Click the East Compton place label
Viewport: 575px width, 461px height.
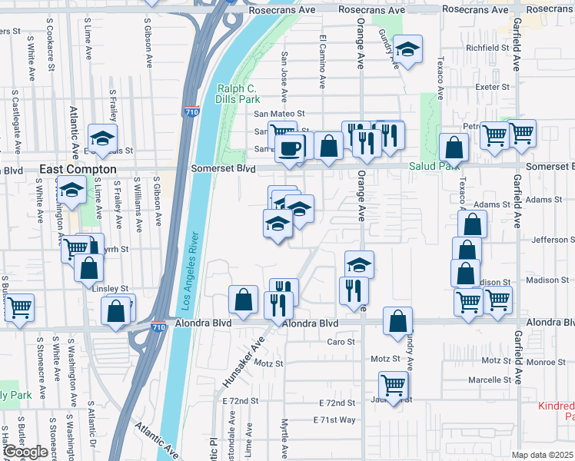click(78, 169)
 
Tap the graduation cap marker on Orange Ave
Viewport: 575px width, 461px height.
click(359, 266)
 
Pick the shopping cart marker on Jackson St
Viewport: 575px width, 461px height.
click(393, 384)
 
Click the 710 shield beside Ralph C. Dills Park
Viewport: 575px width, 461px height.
click(192, 112)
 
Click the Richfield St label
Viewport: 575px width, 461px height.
click(487, 48)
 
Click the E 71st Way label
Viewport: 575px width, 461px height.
click(334, 420)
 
